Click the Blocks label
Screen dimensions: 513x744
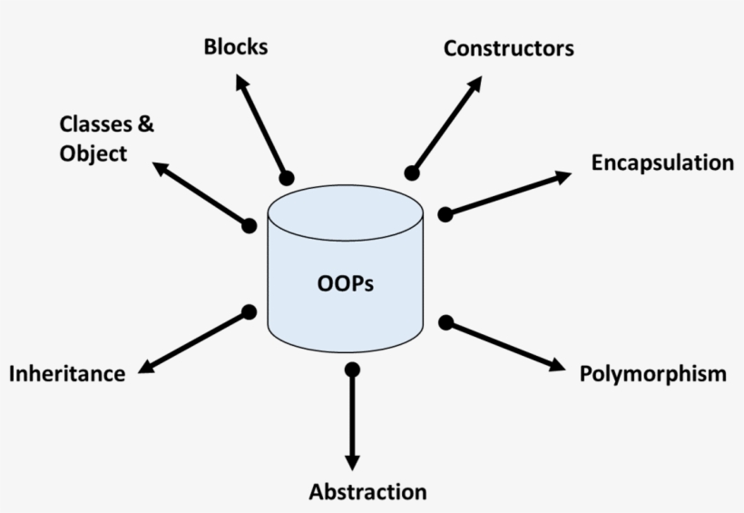[x=236, y=46]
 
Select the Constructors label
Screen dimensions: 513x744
[x=508, y=48]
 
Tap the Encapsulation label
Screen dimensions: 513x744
[x=662, y=163]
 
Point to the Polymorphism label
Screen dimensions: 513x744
[x=653, y=373]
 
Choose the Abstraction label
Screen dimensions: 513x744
[x=367, y=492]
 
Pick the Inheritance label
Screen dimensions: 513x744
[x=67, y=373]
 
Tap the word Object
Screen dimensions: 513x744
[x=93, y=153]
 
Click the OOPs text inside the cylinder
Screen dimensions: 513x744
[x=346, y=283]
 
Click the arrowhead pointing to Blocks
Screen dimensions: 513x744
[x=240, y=82]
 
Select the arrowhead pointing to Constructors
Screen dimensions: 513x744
[x=475, y=83]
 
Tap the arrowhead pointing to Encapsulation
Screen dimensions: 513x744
[x=563, y=176]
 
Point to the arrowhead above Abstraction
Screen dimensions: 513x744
[x=353, y=461]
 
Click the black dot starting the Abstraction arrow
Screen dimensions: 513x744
[x=353, y=370]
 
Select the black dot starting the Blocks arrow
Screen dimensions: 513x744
[x=287, y=177]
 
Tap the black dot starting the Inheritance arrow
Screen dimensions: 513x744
[x=250, y=312]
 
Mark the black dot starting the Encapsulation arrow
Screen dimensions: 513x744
[x=445, y=214]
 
